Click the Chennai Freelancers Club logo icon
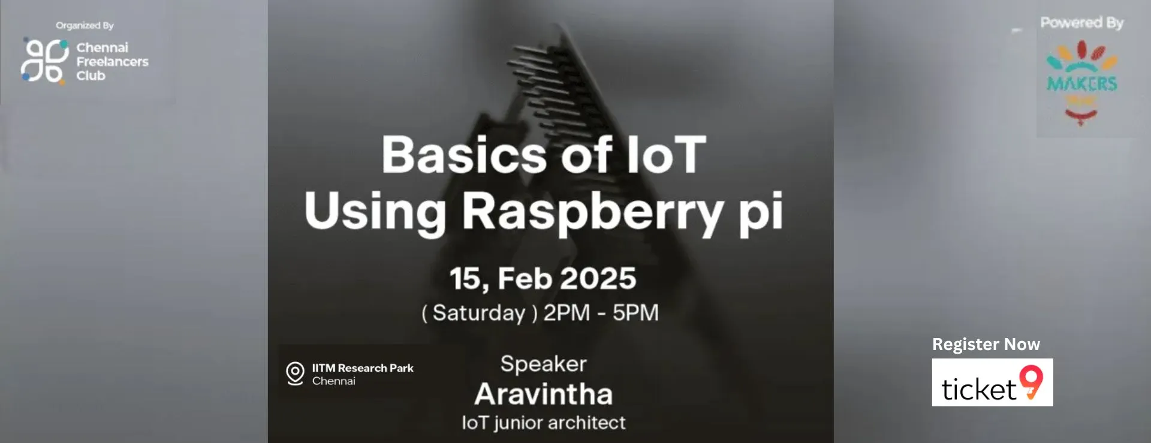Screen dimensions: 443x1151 point(44,61)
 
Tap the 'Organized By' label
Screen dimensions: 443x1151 point(85,25)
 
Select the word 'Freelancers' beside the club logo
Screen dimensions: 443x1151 point(112,62)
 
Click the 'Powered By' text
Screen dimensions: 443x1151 point(1081,23)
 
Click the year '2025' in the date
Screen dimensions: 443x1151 point(598,279)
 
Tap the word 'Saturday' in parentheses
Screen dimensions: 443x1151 point(478,313)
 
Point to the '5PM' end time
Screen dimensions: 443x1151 point(635,313)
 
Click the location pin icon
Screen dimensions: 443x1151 point(295,373)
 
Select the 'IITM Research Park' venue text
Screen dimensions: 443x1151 point(362,368)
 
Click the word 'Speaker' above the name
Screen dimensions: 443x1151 point(543,364)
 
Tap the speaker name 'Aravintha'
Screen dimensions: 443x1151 point(543,394)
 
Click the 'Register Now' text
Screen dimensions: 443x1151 point(986,344)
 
